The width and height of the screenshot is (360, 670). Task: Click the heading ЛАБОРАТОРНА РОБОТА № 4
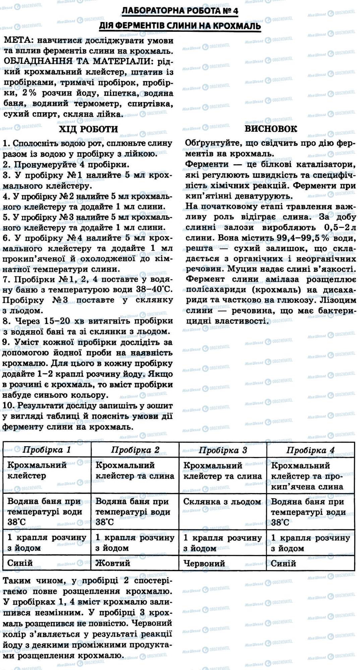pos(180,11)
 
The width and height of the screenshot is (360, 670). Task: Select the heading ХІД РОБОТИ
pos(88,129)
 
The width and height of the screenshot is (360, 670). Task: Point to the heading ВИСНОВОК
pos(271,129)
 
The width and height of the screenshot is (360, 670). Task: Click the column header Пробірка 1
pos(47,450)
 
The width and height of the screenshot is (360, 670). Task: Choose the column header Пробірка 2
pos(135,450)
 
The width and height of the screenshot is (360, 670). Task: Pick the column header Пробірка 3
pos(223,450)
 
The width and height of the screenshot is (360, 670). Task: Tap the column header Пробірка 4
pos(310,450)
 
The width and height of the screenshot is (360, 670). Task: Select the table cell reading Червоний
pos(204,563)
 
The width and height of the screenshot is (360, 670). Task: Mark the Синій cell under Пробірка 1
pos(20,563)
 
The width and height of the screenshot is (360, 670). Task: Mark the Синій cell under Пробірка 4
pos(284,563)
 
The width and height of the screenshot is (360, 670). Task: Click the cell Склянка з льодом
pos(222,501)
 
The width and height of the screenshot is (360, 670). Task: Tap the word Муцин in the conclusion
pos(243,269)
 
